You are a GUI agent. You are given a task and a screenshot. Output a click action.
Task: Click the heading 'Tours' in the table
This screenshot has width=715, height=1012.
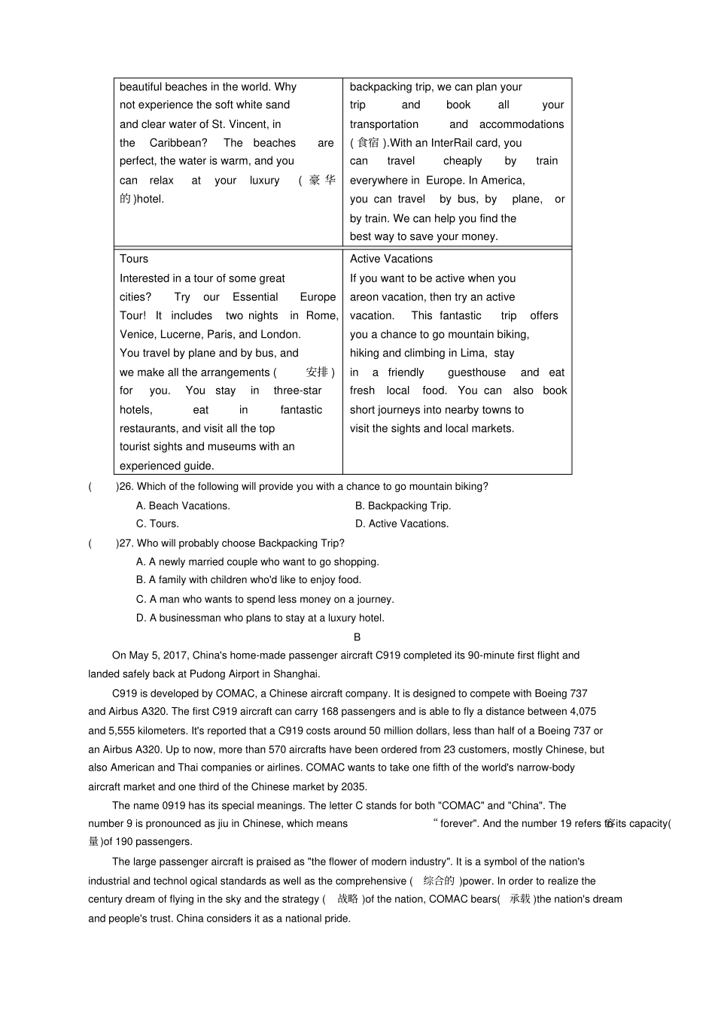pyautogui.click(x=134, y=259)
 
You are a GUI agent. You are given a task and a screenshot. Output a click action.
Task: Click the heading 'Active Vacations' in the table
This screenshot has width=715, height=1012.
pyautogui.click(x=391, y=259)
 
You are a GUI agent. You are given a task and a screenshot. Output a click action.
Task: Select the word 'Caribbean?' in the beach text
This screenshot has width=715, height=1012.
pyautogui.click(x=178, y=143)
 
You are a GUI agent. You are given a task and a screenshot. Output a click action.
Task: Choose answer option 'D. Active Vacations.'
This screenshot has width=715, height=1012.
pyautogui.click(x=402, y=524)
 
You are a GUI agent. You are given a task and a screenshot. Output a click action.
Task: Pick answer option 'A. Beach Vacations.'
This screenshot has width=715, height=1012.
pyautogui.click(x=183, y=506)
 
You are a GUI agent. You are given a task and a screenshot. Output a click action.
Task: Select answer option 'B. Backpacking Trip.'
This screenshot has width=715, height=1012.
pyautogui.click(x=403, y=506)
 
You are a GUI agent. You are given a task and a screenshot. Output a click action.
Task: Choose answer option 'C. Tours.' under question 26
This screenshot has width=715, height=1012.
pyautogui.click(x=157, y=524)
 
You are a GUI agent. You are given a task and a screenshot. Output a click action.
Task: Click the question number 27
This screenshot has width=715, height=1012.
pyautogui.click(x=125, y=543)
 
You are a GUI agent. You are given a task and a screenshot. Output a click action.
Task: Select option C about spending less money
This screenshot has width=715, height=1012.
pyautogui.click(x=265, y=600)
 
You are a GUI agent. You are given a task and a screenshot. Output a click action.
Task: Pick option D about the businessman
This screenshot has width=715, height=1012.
pyautogui.click(x=260, y=618)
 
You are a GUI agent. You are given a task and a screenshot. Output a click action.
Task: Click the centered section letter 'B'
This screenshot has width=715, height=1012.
pyautogui.click(x=357, y=637)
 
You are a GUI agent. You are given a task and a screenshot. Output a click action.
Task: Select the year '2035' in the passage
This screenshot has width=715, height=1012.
pyautogui.click(x=354, y=787)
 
